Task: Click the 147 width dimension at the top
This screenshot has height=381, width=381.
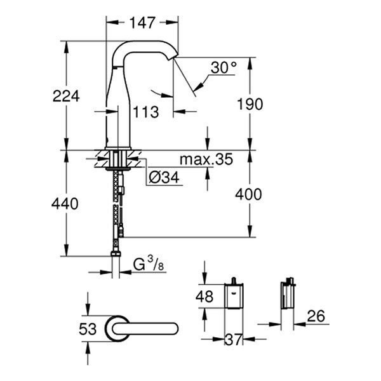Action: point(142,23)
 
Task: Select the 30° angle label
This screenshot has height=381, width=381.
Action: point(223,67)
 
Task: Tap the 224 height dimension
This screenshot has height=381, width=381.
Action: point(65,97)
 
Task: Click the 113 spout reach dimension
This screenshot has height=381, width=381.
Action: point(147,113)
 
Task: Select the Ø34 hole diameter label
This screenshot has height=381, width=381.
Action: point(163,180)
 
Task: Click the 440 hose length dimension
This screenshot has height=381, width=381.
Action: point(65,204)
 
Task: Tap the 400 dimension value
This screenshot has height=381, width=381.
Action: point(249,195)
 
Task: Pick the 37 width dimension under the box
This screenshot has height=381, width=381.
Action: point(234,340)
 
